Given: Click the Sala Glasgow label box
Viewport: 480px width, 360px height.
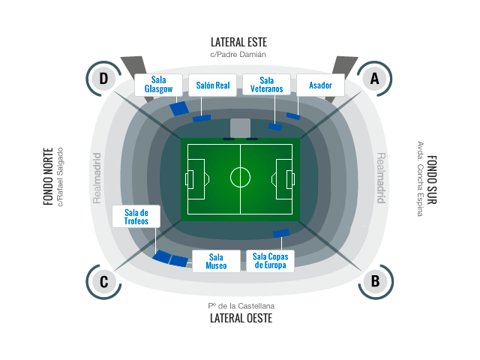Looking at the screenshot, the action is [158, 85].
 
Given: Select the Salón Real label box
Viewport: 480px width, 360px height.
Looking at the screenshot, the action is [212, 85].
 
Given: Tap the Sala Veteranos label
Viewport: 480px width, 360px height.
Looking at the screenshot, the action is [267, 85].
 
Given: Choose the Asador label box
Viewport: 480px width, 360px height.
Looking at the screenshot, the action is [320, 85].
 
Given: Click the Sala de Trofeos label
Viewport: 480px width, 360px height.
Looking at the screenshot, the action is [136, 217].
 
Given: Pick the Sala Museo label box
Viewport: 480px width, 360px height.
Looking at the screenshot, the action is [216, 262].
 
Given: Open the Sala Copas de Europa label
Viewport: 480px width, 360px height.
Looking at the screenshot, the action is [270, 261].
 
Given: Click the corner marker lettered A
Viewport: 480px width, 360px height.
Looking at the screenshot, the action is [375, 79].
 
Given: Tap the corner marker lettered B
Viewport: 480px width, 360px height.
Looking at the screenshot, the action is [376, 282].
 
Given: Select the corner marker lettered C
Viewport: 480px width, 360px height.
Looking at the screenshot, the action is [103, 282].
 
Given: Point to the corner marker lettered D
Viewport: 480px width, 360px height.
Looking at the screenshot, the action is [103, 79].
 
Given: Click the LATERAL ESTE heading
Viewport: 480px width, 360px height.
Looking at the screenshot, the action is [238, 42].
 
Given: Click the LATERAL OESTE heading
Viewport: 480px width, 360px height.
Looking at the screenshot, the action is [241, 318].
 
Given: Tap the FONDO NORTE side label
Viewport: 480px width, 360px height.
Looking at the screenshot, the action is [48, 177].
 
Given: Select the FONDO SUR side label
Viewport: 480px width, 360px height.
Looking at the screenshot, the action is [432, 180].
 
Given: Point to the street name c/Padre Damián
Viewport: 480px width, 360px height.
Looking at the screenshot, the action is [238, 55].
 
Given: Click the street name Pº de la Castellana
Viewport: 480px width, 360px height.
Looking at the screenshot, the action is [241, 306].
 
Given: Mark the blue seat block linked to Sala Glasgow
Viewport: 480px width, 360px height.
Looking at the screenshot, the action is [179, 109].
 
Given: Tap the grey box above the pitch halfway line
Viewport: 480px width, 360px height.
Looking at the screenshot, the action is [240, 128].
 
